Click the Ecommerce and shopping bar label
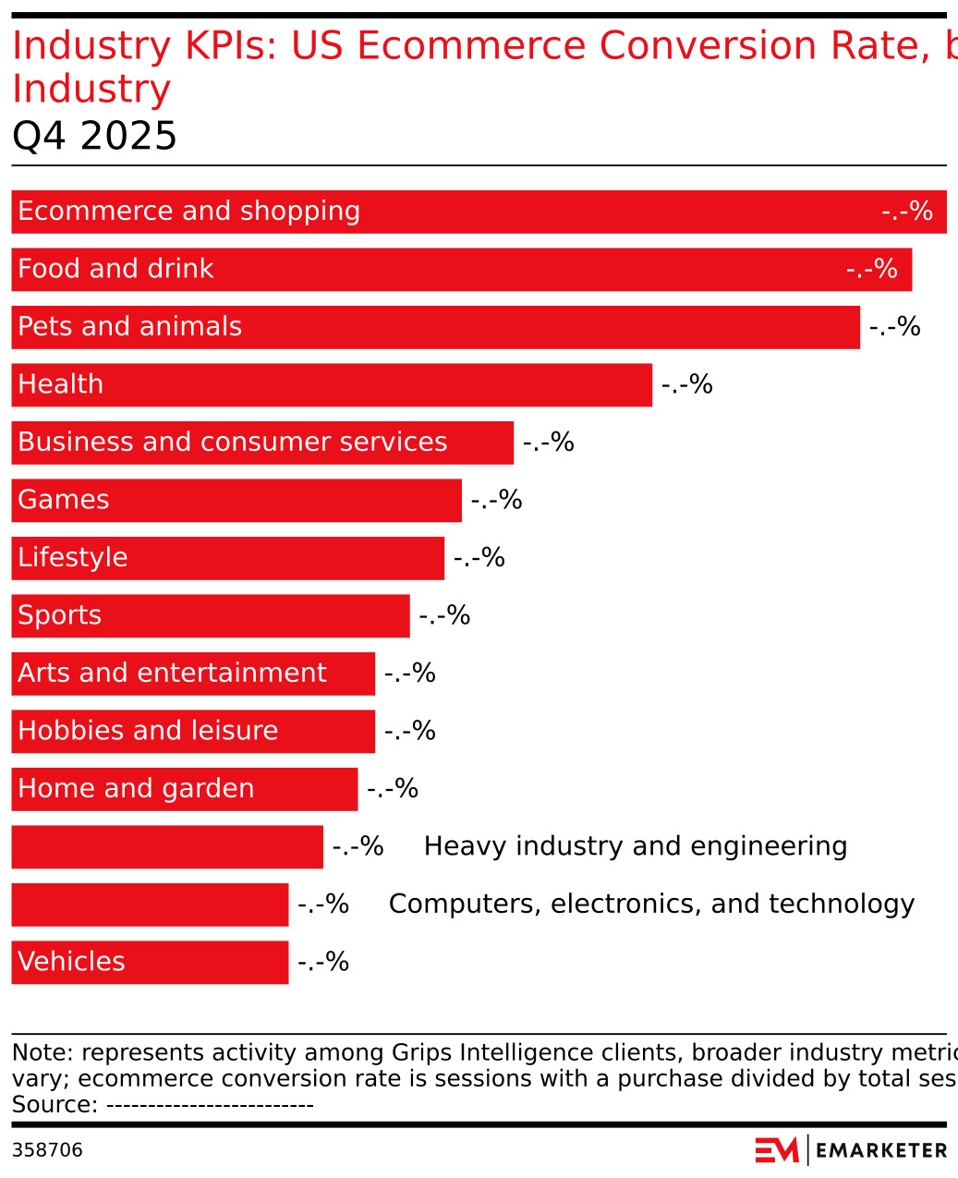(x=188, y=212)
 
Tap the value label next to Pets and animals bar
(x=894, y=327)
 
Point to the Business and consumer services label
(x=232, y=443)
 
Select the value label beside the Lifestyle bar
(x=479, y=558)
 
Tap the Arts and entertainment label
(x=172, y=674)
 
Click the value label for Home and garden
(x=392, y=789)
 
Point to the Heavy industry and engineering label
(x=635, y=846)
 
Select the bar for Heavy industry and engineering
(x=167, y=847)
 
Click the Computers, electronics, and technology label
(x=650, y=905)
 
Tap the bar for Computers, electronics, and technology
(x=150, y=905)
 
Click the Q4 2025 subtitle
(x=94, y=137)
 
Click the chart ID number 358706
(x=47, y=1150)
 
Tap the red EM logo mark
(x=776, y=1150)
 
